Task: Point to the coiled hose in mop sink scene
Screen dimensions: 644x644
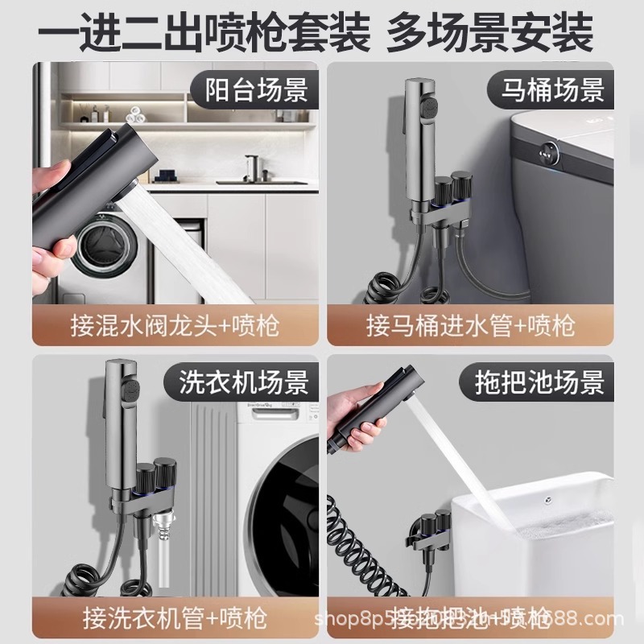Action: click(x=362, y=563)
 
